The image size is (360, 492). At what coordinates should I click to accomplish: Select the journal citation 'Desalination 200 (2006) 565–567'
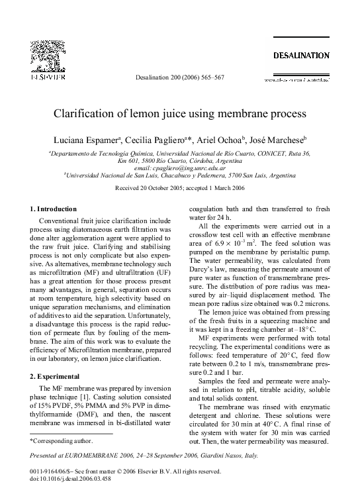[179, 77]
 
